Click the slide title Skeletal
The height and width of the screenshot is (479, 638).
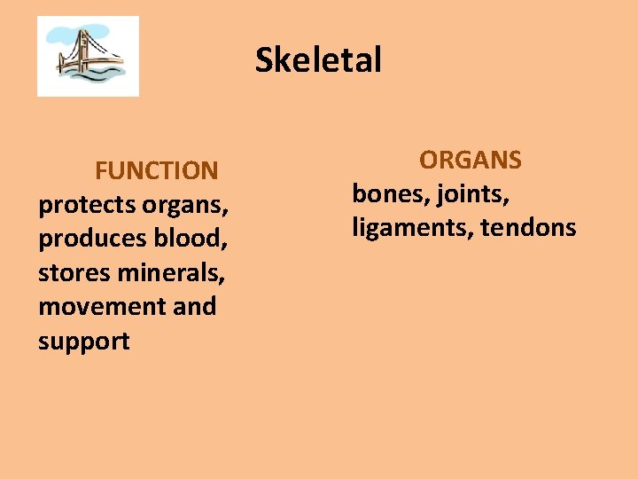(x=318, y=60)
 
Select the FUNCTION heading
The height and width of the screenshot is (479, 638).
(x=156, y=169)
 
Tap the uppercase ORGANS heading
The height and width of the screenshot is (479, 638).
(x=471, y=160)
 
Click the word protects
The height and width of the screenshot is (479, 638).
(x=86, y=204)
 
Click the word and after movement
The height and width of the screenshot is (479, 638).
(x=195, y=306)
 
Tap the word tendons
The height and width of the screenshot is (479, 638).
(x=528, y=228)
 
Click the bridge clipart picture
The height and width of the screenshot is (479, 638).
(x=88, y=56)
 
